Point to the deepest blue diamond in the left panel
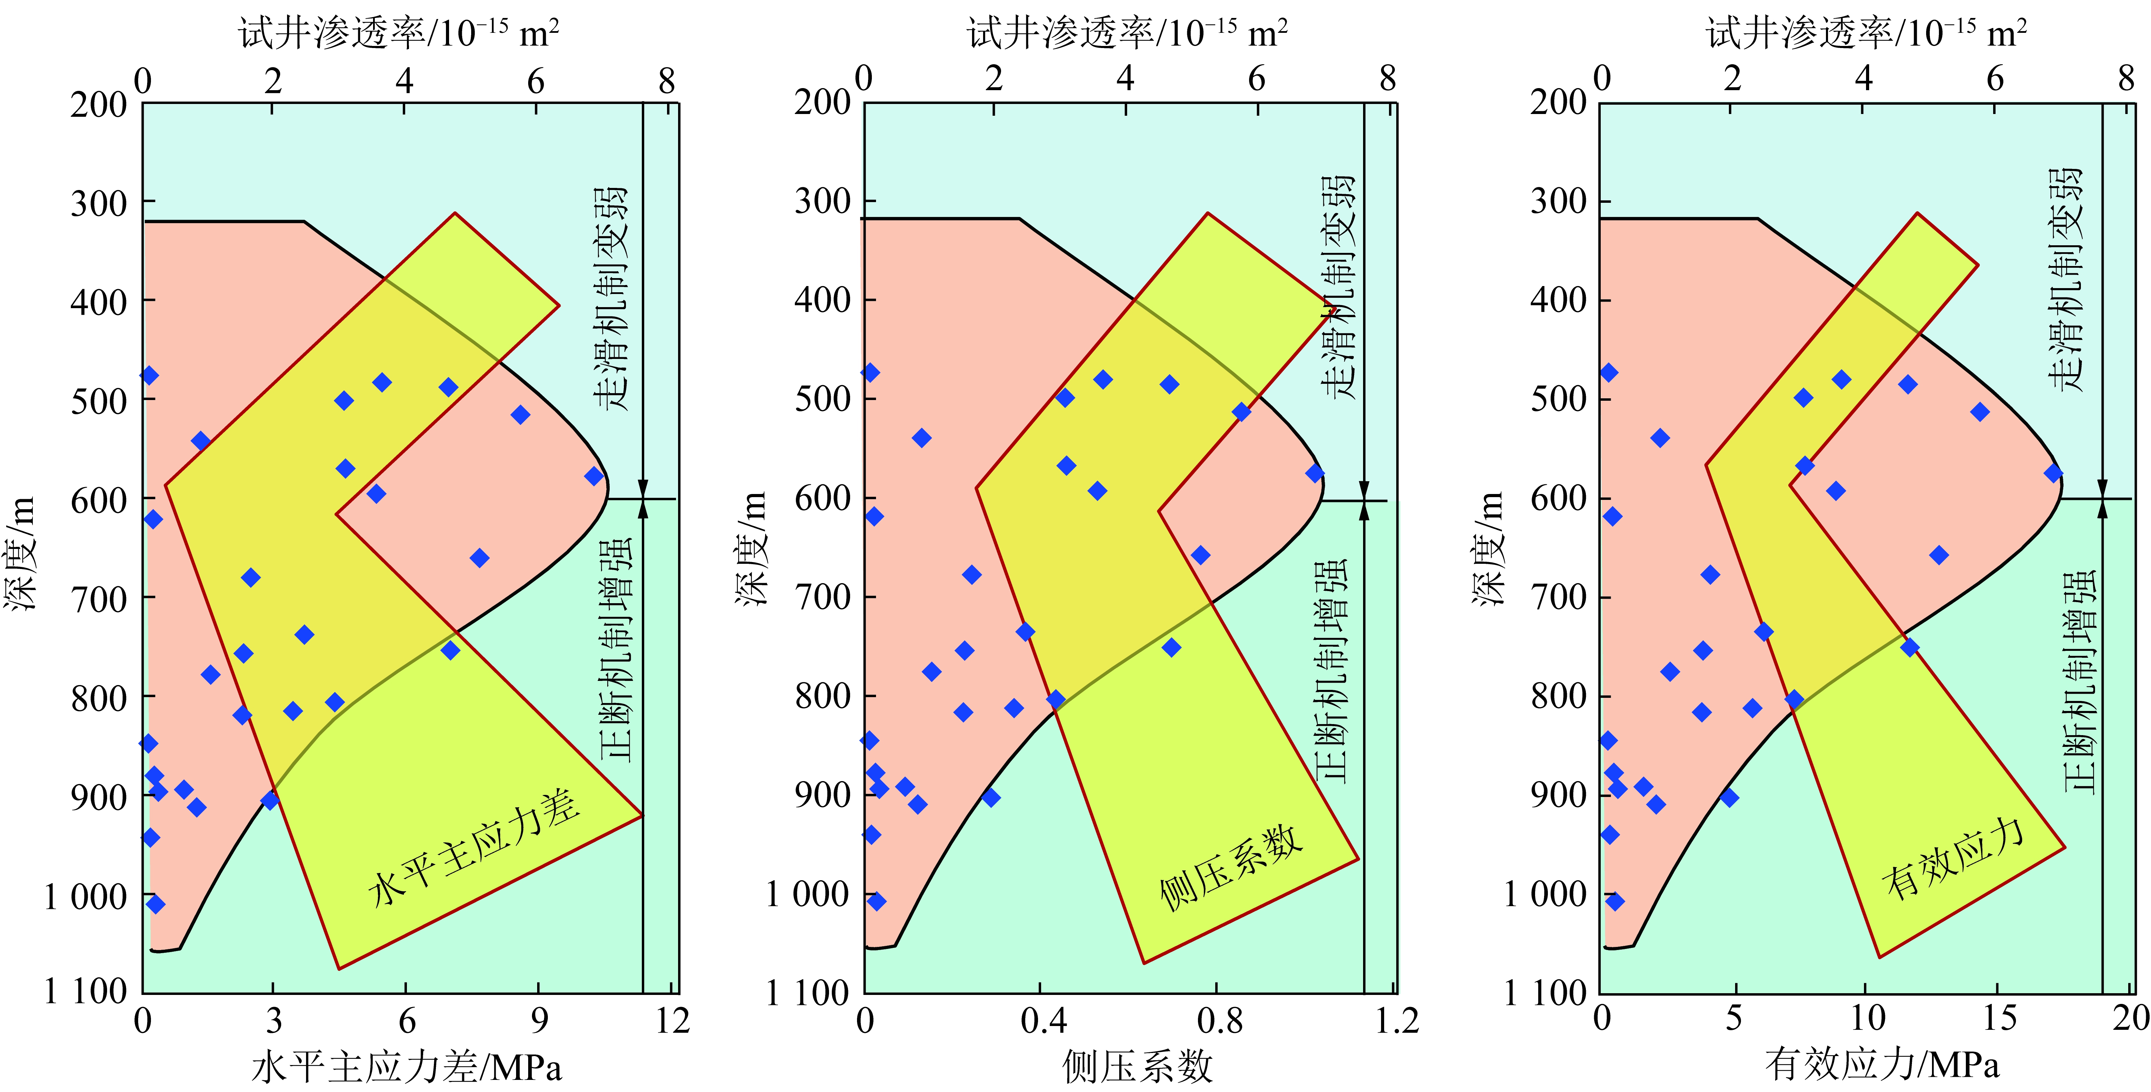tap(155, 904)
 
